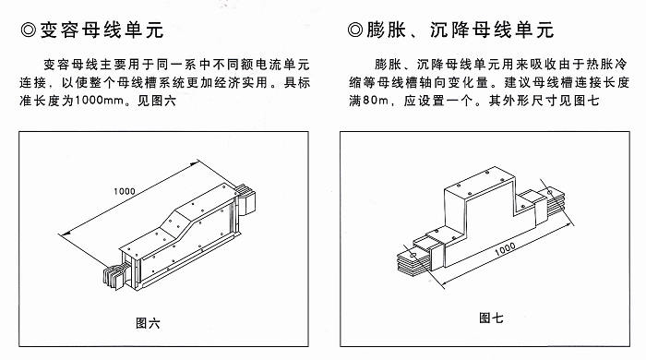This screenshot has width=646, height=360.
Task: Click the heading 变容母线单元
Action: pos(102,30)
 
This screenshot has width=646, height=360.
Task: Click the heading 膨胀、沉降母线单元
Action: pos(460,30)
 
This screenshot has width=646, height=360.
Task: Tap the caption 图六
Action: pos(148,323)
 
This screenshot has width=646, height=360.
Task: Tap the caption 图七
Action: pos(491,318)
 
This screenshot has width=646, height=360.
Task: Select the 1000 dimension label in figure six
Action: pos(125,191)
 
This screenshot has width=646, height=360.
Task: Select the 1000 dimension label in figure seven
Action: pos(505,249)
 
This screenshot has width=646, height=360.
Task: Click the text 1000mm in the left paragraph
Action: pos(100,101)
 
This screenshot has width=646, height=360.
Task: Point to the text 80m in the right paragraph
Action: pos(375,101)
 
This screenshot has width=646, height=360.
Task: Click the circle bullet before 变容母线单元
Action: pos(28,30)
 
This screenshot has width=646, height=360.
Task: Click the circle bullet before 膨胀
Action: pos(354,30)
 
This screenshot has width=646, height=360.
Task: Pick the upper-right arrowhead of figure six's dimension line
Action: pos(196,162)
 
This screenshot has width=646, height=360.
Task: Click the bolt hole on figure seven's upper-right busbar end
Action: pos(550,192)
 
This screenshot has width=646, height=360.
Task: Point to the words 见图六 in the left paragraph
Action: pos(157,101)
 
